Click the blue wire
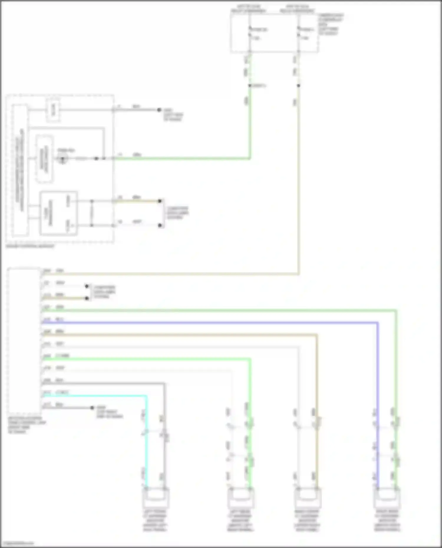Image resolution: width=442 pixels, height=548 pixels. [x=206, y=323]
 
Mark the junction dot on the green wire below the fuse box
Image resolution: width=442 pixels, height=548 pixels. [x=250, y=86]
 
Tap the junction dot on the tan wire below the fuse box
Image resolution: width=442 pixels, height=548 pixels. [x=298, y=86]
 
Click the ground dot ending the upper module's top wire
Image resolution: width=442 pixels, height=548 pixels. [x=159, y=110]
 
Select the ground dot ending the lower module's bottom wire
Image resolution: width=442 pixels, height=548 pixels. [x=92, y=408]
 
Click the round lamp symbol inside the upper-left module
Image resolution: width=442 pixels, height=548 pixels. [x=62, y=159]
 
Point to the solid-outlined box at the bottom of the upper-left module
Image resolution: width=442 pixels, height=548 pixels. [x=59, y=213]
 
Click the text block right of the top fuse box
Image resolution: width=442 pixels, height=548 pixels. [x=331, y=24]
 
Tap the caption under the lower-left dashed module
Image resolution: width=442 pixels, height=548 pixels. [x=27, y=425]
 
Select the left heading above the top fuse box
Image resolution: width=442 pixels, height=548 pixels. [x=248, y=9]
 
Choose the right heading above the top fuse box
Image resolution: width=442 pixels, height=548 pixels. [x=297, y=9]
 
